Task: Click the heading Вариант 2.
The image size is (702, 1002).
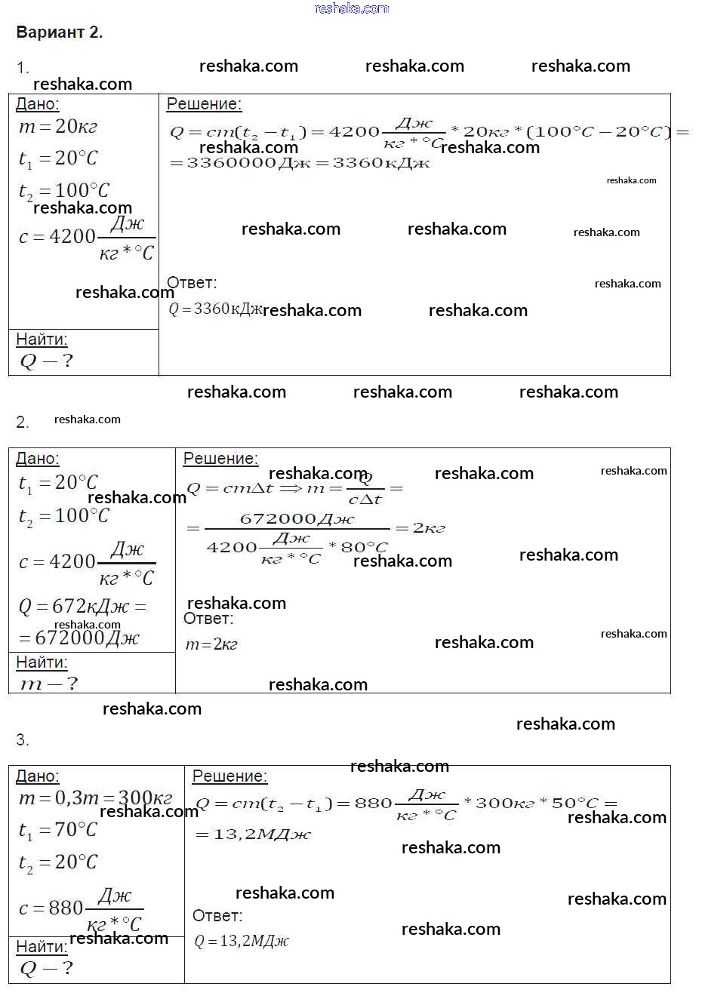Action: pos(59,32)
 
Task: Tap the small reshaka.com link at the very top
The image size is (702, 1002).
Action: pos(351,8)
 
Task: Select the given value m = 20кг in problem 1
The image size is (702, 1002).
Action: pos(58,127)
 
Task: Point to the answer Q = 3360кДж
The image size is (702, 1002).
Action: pos(215,309)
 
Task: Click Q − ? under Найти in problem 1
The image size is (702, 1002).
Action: pos(46,361)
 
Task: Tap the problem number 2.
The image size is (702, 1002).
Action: pos(23,423)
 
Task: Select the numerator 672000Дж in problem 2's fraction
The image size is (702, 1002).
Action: pos(297,519)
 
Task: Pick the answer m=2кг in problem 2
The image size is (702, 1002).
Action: pos(211,644)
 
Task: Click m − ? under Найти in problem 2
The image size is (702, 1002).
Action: pos(48,684)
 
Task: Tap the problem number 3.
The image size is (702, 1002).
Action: pos(23,740)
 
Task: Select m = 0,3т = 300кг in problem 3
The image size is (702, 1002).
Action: pos(95,798)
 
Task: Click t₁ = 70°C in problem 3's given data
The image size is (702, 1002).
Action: pos(58,830)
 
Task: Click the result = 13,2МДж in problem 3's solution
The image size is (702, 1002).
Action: pos(253,834)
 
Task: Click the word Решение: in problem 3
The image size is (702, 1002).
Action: pos(229,776)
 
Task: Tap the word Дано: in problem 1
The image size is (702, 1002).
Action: pos(37,104)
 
